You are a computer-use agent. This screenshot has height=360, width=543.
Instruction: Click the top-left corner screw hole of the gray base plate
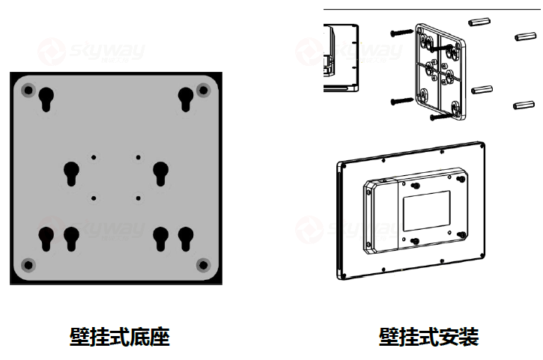[28, 91]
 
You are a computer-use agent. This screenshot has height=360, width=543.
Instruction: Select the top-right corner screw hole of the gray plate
[202, 91]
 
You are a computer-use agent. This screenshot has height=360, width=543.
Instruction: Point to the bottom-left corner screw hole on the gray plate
[28, 265]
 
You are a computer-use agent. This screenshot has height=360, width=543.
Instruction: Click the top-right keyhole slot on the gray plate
[185, 98]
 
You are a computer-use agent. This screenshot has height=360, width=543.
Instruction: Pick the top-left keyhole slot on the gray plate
[46, 98]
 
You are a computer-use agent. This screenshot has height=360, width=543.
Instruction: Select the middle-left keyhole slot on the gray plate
[71, 172]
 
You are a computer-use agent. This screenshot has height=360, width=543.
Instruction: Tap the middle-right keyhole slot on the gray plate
[160, 172]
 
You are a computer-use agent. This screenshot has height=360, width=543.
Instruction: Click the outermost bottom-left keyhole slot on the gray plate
[46, 238]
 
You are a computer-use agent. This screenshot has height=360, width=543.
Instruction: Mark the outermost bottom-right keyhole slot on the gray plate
[185, 238]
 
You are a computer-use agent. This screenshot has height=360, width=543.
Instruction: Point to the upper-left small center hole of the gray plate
[94, 156]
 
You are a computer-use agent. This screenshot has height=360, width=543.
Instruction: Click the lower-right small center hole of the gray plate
[139, 198]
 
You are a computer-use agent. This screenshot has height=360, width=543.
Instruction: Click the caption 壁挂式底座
[120, 337]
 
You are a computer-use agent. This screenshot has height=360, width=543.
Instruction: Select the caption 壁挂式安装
[428, 337]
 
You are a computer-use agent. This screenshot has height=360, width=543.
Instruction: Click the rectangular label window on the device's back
[427, 210]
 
